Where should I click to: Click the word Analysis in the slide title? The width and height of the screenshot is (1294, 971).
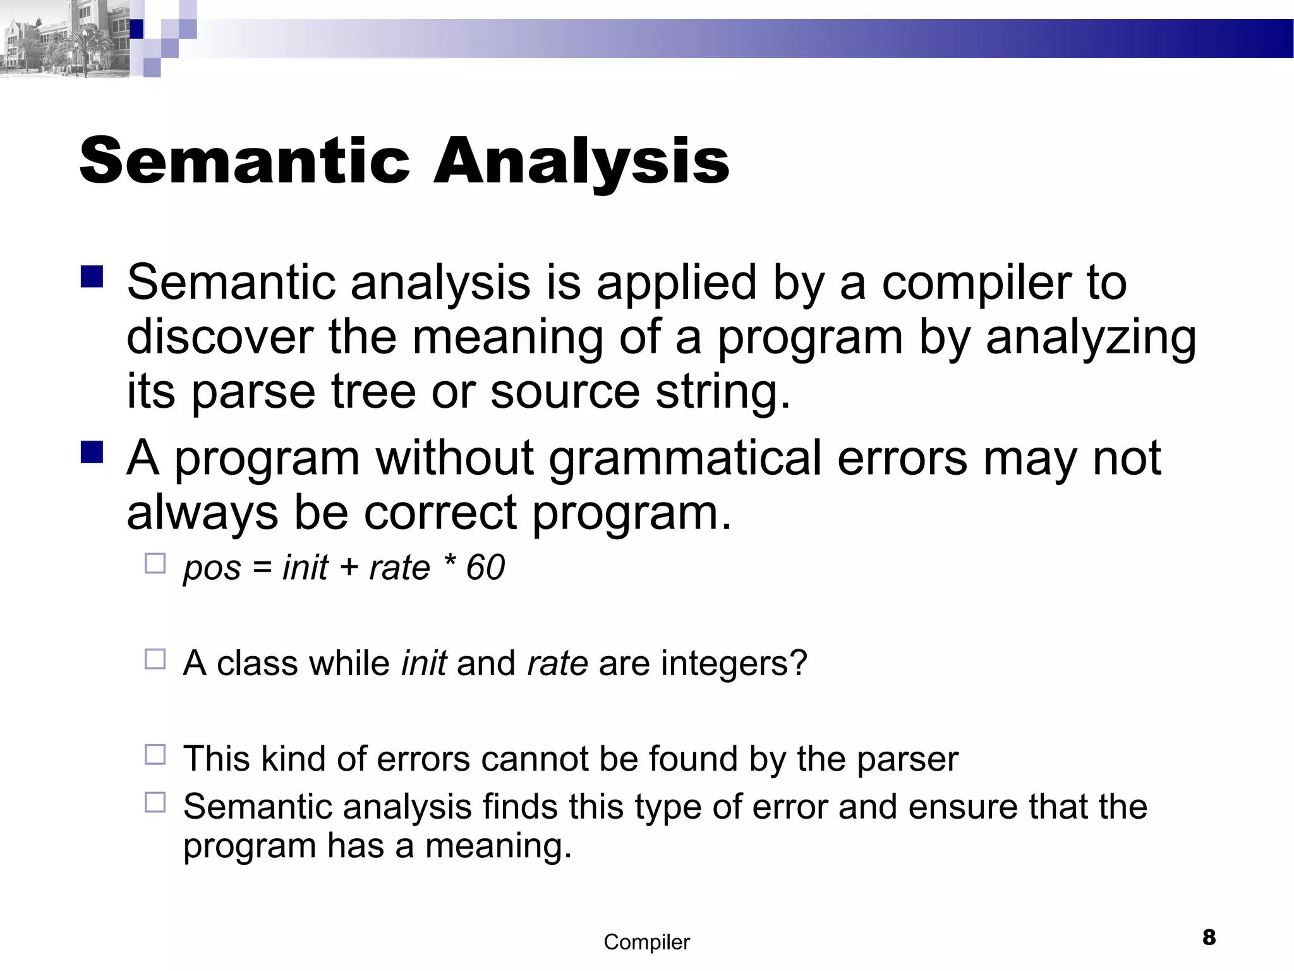pos(581,162)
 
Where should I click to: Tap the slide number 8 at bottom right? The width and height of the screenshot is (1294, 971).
pos(1209,937)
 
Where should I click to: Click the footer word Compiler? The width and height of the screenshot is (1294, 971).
pos(646,942)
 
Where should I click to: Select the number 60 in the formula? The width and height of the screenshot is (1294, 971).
pos(485,567)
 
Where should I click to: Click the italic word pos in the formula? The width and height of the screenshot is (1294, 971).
pos(212,568)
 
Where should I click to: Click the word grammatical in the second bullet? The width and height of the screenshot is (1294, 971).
pos(686,458)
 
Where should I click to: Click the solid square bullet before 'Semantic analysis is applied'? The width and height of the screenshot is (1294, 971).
pos(92,277)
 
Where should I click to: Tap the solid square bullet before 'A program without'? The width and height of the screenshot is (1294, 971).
pos(92,452)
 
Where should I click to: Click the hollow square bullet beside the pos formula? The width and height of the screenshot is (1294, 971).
pos(155,563)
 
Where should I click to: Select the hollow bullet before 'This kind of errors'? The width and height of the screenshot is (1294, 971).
pos(155,754)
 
